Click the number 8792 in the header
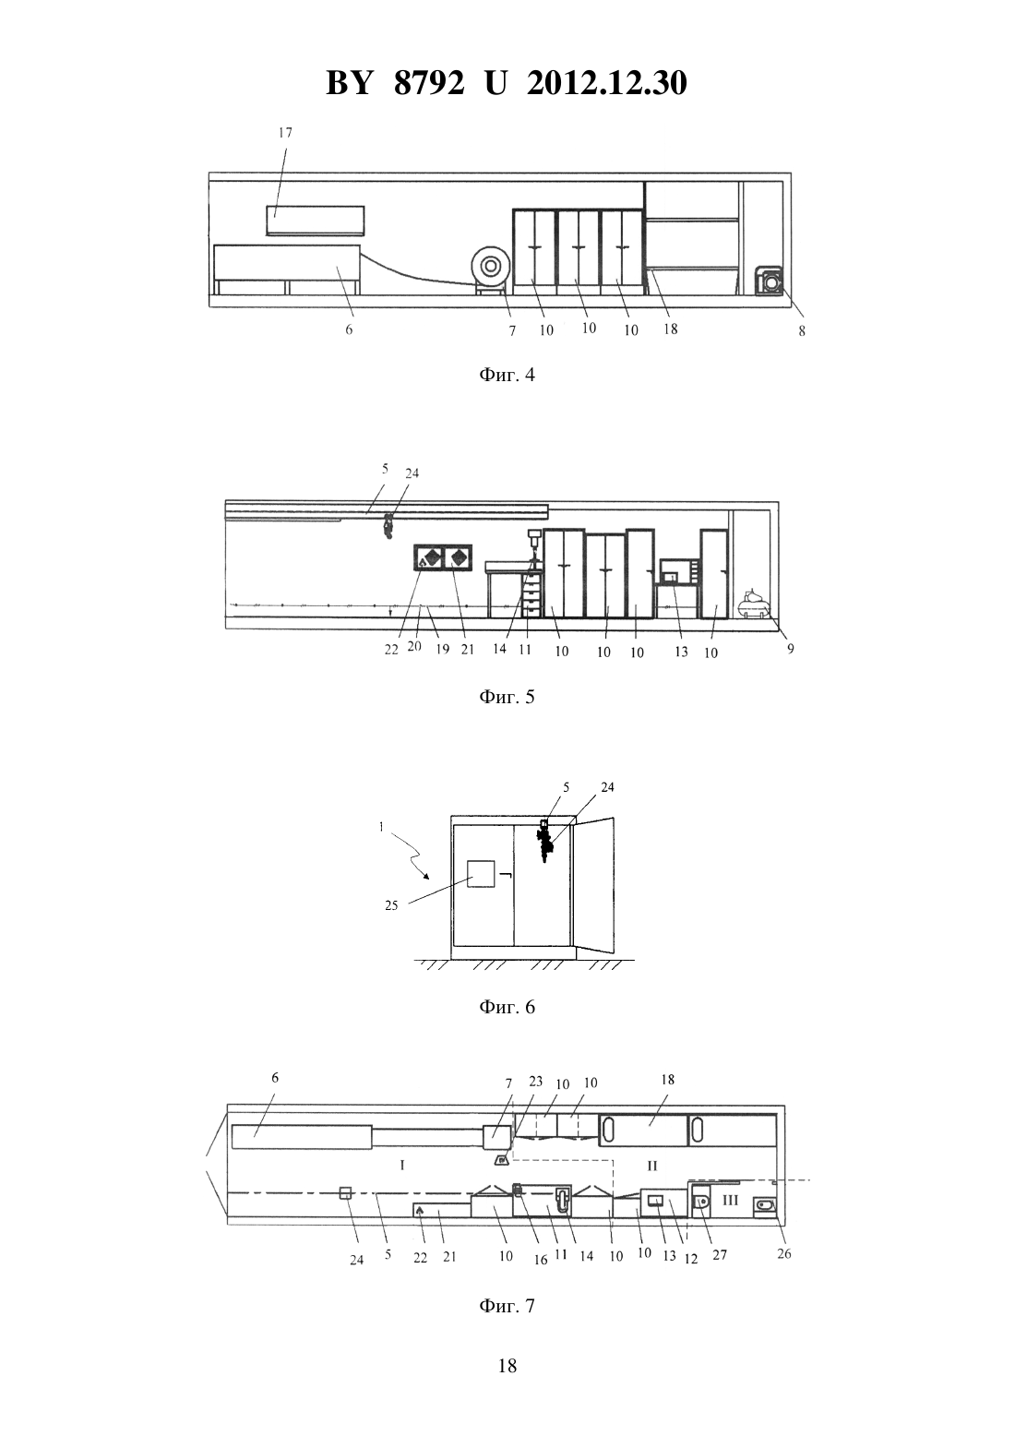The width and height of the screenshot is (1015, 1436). point(429,83)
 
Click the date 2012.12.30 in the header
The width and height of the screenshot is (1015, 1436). point(607,83)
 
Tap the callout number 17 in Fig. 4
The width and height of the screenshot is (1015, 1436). point(285,133)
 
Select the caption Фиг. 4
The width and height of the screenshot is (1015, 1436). point(507,375)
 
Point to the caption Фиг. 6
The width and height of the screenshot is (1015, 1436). point(507,1007)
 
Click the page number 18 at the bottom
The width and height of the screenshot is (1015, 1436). point(507,1366)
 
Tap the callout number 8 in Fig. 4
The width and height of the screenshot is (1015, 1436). point(802,331)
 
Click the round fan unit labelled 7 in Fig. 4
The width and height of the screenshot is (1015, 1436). point(490,266)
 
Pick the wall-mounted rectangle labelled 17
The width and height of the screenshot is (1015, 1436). point(316,221)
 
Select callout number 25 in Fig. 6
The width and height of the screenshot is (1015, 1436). point(391,906)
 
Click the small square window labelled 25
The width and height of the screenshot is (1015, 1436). point(481,874)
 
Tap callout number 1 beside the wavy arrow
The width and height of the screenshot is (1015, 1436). point(381,828)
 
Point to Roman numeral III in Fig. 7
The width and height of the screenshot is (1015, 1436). point(731,1200)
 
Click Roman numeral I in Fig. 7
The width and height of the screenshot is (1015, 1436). point(402,1164)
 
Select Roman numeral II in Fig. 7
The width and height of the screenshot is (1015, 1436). point(652,1164)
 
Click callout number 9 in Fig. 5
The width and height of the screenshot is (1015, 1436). point(791,649)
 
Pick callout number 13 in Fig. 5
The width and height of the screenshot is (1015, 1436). point(681,652)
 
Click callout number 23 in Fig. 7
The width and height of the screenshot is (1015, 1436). point(536,1082)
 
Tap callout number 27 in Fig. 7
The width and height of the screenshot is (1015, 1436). point(720,1254)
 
